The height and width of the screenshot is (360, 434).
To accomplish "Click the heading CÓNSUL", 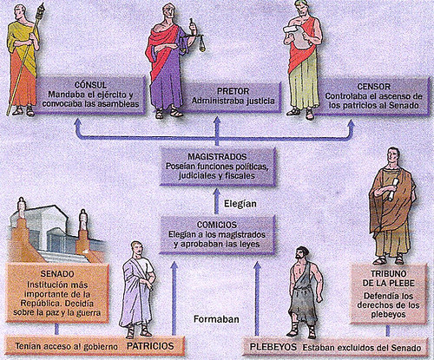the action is tap(90, 85).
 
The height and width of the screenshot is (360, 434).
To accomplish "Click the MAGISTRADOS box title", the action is tap(217, 157).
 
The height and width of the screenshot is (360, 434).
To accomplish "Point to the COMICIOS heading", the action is tap(217, 225).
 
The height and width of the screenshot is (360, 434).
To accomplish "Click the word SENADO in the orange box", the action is tap(57, 274).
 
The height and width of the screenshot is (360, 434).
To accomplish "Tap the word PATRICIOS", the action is tap(150, 346).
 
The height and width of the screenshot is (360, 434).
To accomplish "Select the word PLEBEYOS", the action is tap(273, 347).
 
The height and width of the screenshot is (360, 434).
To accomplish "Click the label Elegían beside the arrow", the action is tap(240, 204).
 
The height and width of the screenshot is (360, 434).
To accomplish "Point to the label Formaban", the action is tap(216, 319).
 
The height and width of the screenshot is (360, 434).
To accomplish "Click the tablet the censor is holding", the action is tap(299, 36).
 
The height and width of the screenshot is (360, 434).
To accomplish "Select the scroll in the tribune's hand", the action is tap(393, 189).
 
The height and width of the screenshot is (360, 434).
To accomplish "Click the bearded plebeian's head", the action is tap(301, 254).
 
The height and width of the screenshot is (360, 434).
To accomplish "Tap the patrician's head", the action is tap(137, 249).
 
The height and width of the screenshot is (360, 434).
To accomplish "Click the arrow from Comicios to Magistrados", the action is tap(216, 201).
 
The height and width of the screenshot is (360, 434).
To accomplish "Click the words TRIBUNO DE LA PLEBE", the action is tap(389, 278).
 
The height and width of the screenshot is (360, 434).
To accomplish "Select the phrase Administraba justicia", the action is tap(233, 101).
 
